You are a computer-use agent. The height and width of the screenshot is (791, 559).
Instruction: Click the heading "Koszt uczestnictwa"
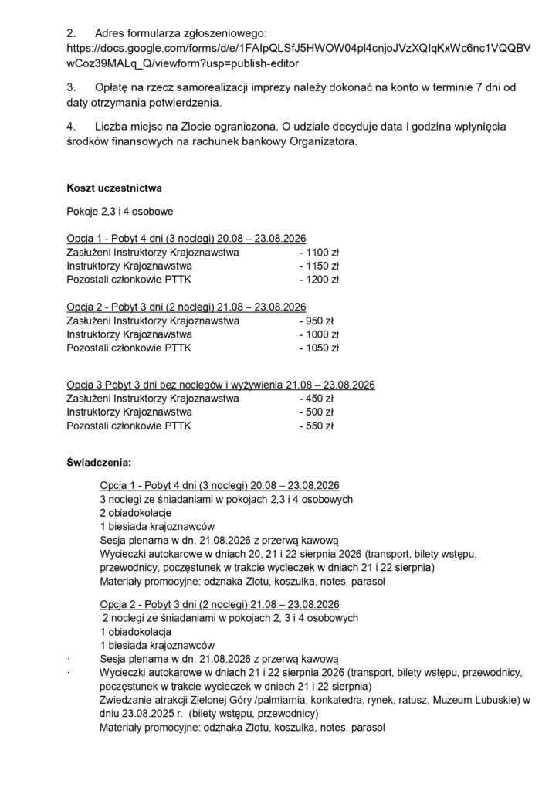click(x=113, y=188)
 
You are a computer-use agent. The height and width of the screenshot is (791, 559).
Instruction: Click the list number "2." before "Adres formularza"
click(x=72, y=33)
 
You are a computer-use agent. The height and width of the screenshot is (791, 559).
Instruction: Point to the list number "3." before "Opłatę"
click(x=72, y=88)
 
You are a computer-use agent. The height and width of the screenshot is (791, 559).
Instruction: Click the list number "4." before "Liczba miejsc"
click(x=72, y=127)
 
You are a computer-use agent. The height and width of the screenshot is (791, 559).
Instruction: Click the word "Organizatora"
click(x=323, y=141)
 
